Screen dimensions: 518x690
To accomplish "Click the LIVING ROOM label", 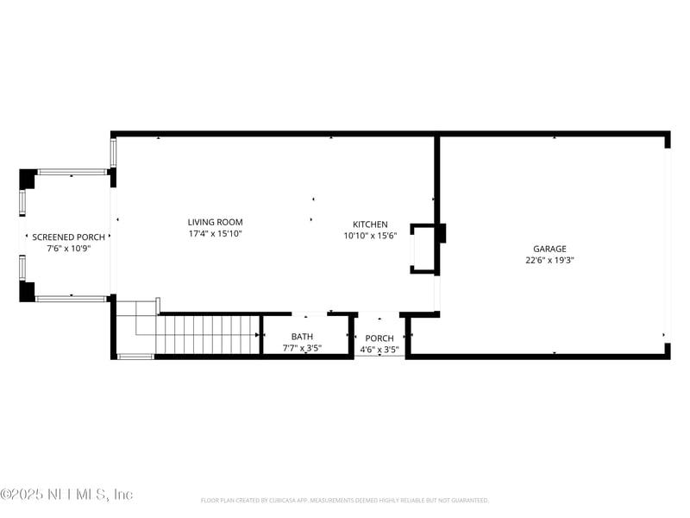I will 216,222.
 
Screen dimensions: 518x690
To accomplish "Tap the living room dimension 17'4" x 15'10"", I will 216,234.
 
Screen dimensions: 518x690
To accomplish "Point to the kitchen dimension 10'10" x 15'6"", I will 370,237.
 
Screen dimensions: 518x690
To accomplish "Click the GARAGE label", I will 549,249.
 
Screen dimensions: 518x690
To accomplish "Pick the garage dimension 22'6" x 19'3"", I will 549,260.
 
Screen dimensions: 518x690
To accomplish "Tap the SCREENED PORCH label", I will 69,237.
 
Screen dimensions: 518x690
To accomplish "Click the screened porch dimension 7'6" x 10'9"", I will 69,249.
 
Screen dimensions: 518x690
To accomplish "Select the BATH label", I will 302,337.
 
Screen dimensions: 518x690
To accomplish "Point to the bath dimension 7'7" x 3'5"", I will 302,349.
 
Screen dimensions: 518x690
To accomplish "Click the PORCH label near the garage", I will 379,338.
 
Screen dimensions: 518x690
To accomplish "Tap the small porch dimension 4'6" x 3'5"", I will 379,350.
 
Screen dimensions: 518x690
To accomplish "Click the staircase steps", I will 207,335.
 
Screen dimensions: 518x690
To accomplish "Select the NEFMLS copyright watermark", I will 66,494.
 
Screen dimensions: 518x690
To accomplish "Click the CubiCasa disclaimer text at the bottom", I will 345,500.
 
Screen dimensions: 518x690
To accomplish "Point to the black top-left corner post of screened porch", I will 28,179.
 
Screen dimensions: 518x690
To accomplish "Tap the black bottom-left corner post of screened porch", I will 28,292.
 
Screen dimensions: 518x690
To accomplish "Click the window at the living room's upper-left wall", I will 113,152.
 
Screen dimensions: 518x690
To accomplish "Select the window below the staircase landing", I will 135,357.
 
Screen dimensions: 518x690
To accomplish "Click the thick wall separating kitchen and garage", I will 437,181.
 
